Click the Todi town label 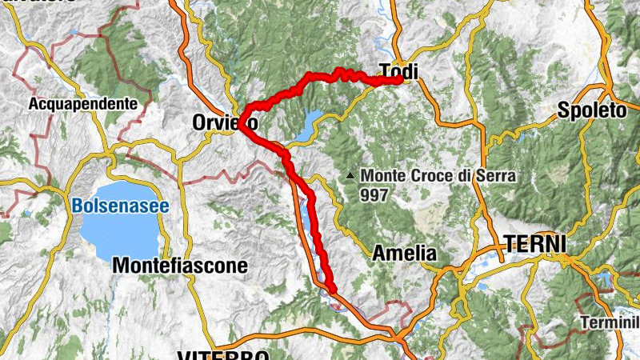(399, 70)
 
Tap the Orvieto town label (225, 122)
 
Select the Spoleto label (592, 110)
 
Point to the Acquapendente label (88, 103)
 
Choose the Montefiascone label (170, 264)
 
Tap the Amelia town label (405, 253)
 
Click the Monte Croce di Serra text (426, 175)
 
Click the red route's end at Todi (399, 79)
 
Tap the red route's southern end (330, 288)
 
